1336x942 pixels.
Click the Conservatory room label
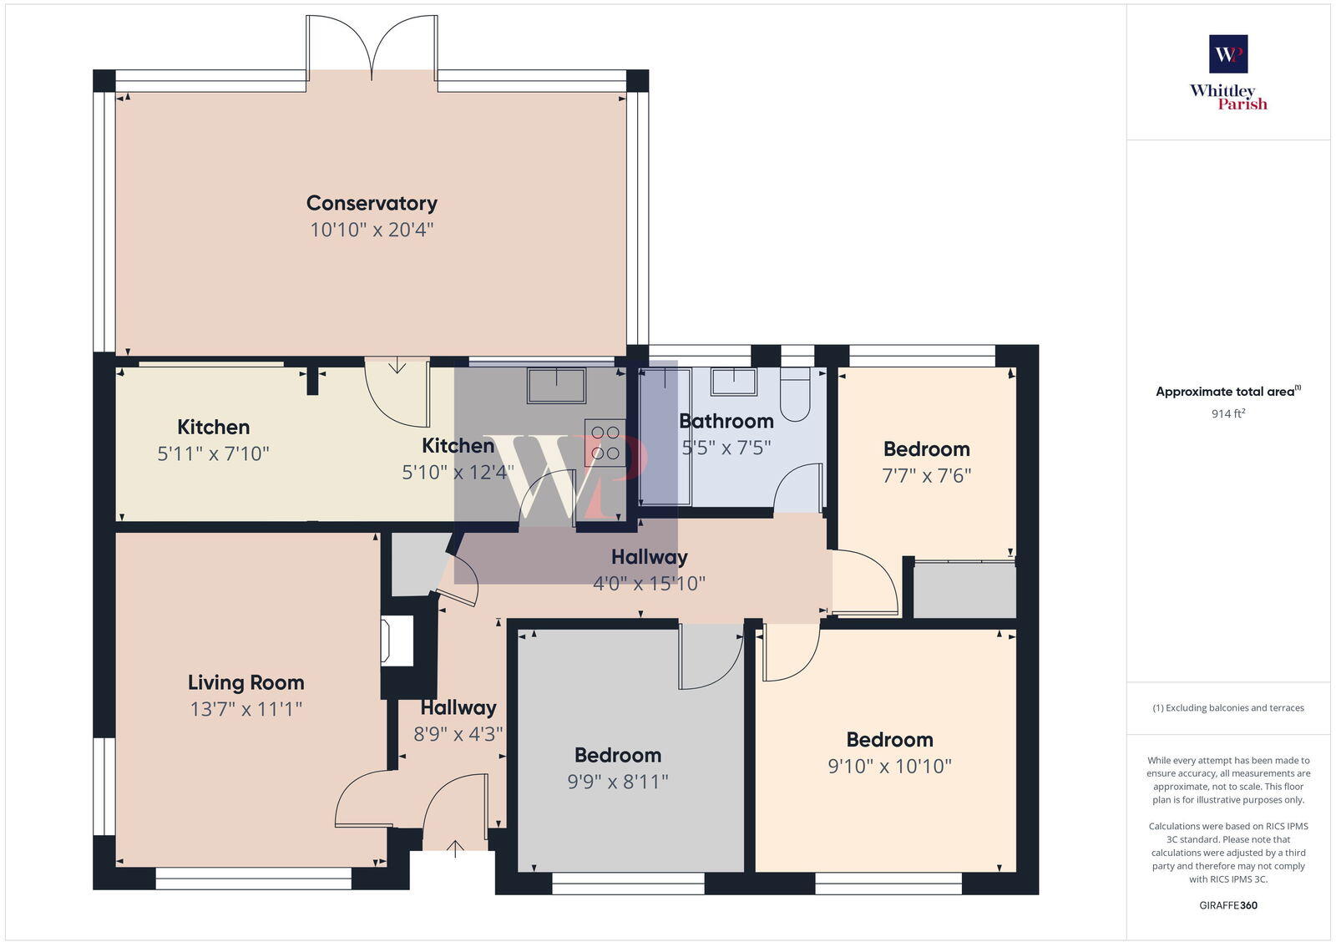(372, 203)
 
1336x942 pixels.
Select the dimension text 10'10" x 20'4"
(372, 230)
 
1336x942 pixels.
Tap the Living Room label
(245, 682)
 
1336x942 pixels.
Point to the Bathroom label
(726, 421)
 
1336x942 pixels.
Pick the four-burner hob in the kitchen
(605, 443)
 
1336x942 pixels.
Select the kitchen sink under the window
(556, 385)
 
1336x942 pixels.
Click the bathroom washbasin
(733, 382)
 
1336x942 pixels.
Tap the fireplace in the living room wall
(397, 641)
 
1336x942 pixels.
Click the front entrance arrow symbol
(455, 849)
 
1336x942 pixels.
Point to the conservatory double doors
(372, 46)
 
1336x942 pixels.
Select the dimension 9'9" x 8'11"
(618, 782)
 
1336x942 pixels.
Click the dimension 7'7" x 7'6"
(926, 475)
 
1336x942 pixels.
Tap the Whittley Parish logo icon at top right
(1228, 54)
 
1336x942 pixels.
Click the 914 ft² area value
(1228, 413)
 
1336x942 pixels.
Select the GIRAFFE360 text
(1228, 905)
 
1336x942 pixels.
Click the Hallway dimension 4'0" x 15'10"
(649, 583)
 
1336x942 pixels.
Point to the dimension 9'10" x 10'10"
(889, 766)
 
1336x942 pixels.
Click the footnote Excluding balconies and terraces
(1228, 708)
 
